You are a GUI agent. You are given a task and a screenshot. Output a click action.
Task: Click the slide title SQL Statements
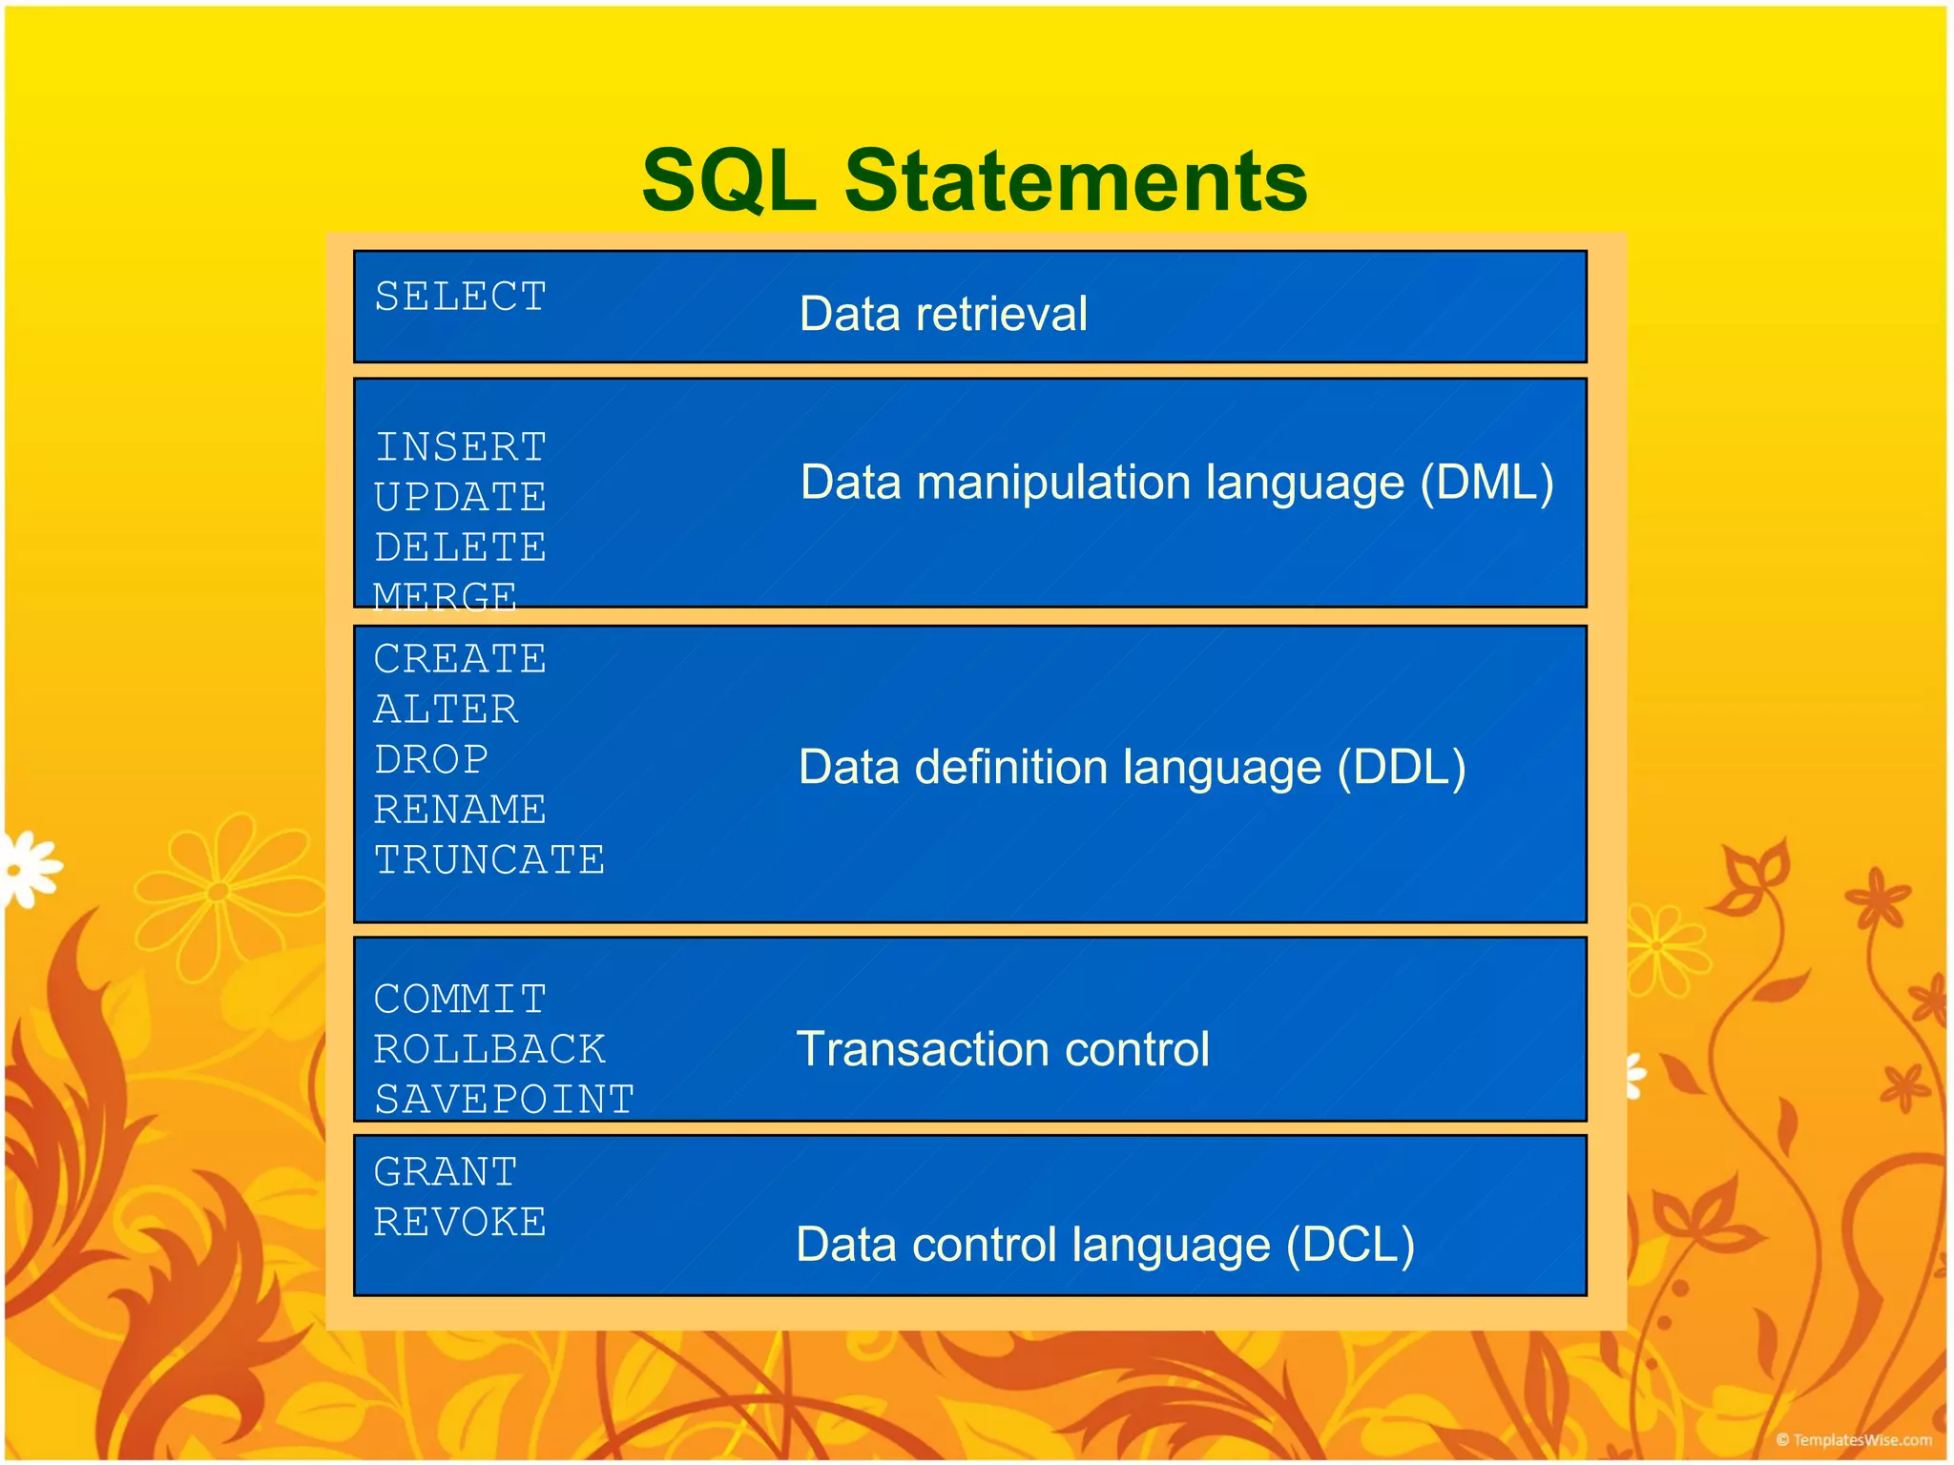pyautogui.click(x=974, y=180)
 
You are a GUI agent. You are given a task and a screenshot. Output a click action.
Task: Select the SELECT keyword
pyautogui.click(x=460, y=297)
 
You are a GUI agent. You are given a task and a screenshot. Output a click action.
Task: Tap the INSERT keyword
pyautogui.click(x=460, y=447)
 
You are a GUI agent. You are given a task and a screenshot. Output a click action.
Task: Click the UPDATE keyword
pyautogui.click(x=460, y=498)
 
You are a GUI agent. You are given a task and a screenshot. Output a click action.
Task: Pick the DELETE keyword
pyautogui.click(x=460, y=547)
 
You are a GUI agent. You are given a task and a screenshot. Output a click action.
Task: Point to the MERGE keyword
pyautogui.click(x=445, y=595)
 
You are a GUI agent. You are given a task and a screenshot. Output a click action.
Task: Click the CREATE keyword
pyautogui.click(x=460, y=659)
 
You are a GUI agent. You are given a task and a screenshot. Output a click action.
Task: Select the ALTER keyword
pyautogui.click(x=446, y=710)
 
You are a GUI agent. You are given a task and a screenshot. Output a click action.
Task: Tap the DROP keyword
pyautogui.click(x=431, y=760)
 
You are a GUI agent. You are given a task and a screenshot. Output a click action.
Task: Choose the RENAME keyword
pyautogui.click(x=460, y=810)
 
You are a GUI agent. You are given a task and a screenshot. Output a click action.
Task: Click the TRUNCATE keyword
pyautogui.click(x=488, y=860)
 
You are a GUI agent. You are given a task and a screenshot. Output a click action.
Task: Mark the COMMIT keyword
pyautogui.click(x=460, y=1000)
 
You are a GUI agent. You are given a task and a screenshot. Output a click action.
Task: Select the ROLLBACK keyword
pyautogui.click(x=488, y=1049)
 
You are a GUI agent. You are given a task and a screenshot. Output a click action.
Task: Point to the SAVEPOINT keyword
pyautogui.click(x=504, y=1100)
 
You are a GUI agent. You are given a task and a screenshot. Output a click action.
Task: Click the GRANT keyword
pyautogui.click(x=446, y=1172)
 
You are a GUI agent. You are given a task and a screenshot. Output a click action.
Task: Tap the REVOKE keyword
pyautogui.click(x=460, y=1223)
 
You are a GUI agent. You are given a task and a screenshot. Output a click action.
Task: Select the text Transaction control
pyautogui.click(x=1003, y=1049)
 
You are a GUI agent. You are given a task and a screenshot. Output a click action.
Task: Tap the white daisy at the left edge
pyautogui.click(x=29, y=869)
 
